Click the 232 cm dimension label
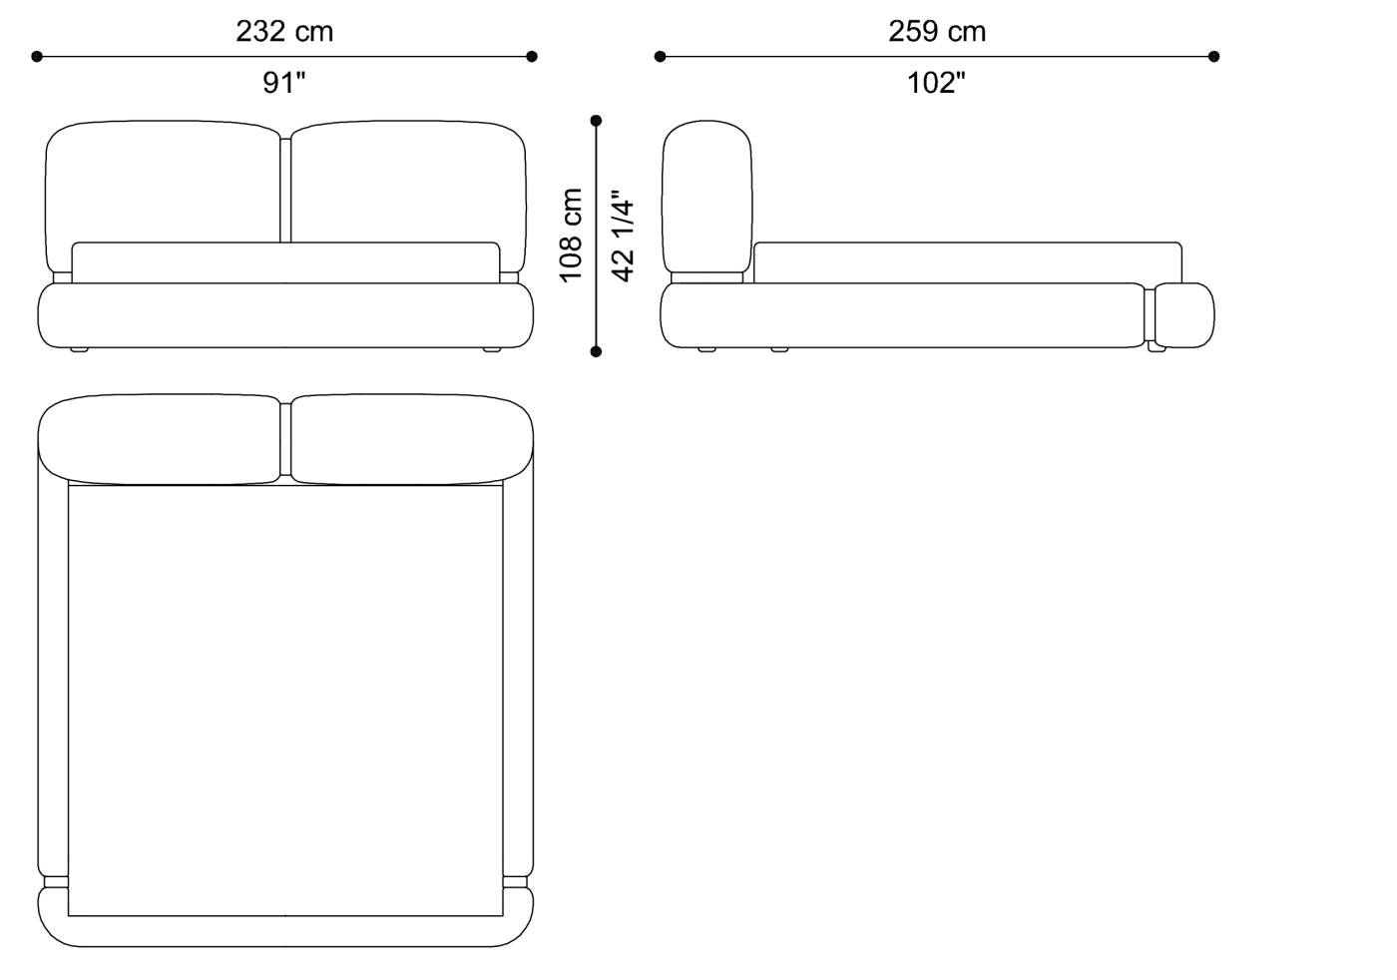pos(284,31)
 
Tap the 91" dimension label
pos(284,83)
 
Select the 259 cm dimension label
pos(937,31)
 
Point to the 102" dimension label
pos(936,83)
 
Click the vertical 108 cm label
pos(571,235)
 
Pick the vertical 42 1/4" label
pos(623,236)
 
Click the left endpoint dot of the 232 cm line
pos(37,57)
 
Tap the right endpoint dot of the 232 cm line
pos(532,57)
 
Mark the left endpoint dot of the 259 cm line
pos(660,57)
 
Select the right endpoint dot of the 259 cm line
pos(1213,57)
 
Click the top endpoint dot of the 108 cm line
pos(597,121)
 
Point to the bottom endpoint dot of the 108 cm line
pos(597,351)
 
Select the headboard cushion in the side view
pos(707,195)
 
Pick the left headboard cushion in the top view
pos(160,439)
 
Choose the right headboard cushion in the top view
pos(411,439)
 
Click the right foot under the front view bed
pos(490,349)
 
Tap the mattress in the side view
pos(966,261)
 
